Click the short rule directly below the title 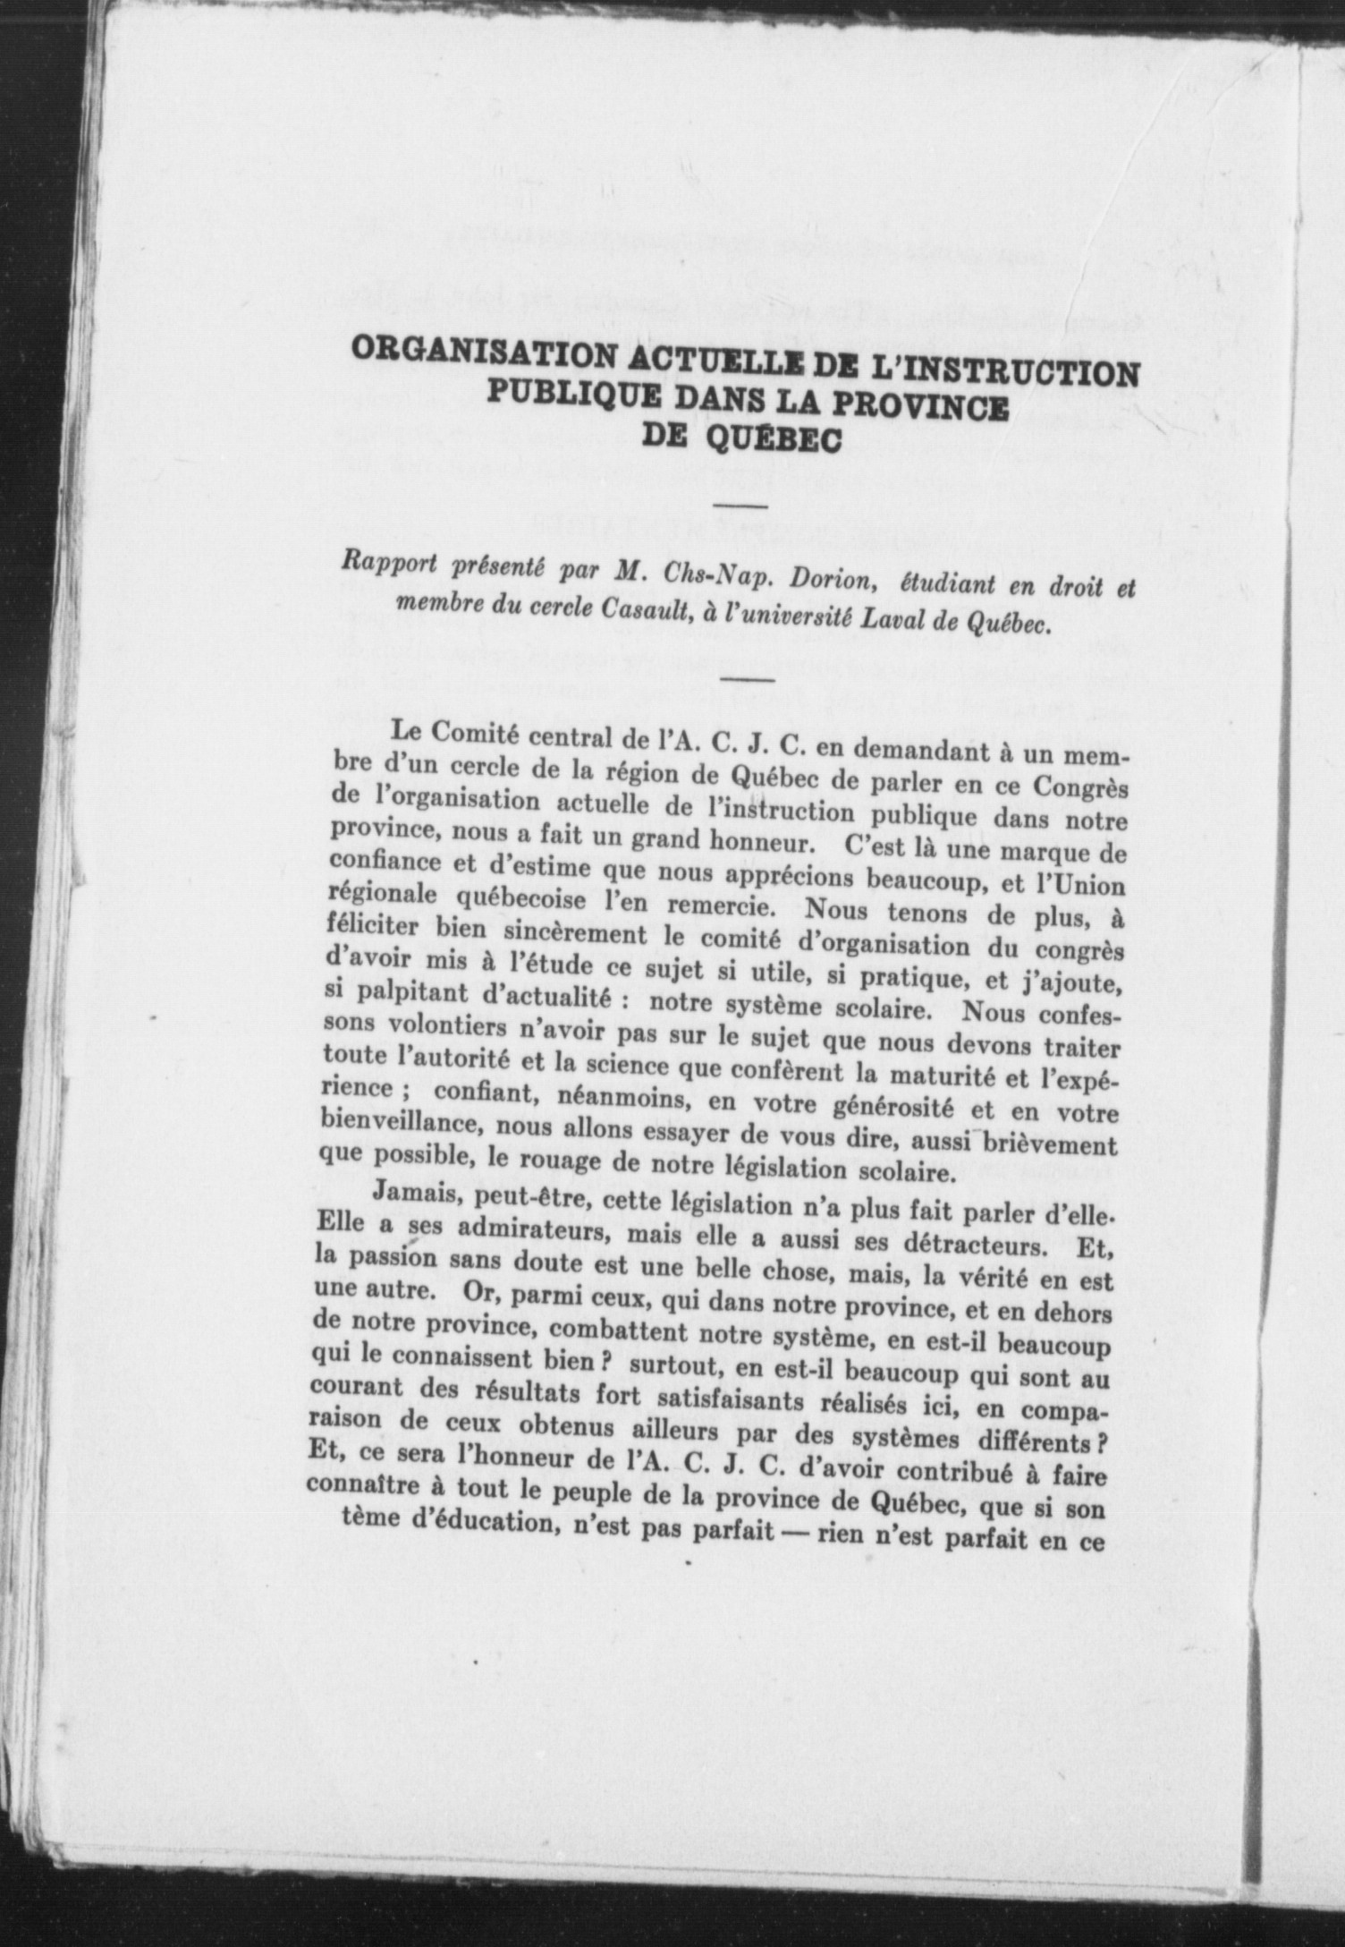click(x=742, y=507)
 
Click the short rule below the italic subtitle click(x=747, y=681)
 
